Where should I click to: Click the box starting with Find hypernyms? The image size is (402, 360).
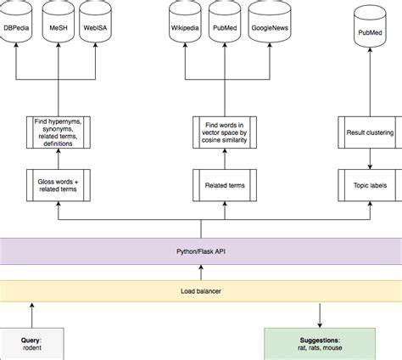(58, 132)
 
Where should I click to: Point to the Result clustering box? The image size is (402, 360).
(370, 132)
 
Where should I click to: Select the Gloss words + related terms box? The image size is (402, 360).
(58, 184)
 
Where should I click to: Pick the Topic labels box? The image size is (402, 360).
(370, 184)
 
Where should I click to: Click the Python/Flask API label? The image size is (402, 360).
(201, 251)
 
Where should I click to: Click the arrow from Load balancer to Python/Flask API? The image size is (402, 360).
(201, 272)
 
